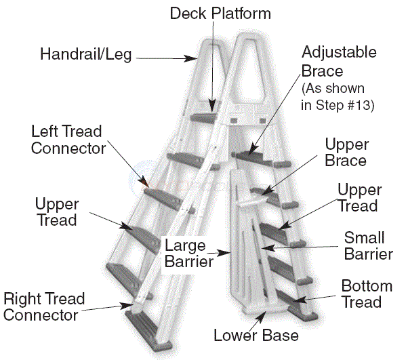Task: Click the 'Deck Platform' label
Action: tap(220, 13)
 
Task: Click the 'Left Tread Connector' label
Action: tap(68, 138)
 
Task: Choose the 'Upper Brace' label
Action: tap(346, 153)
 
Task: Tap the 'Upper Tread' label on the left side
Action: tap(56, 211)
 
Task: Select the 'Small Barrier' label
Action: tap(369, 246)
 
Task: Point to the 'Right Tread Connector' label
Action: tap(44, 306)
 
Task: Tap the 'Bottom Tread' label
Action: tap(367, 294)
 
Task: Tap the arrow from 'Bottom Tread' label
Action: tap(318, 298)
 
